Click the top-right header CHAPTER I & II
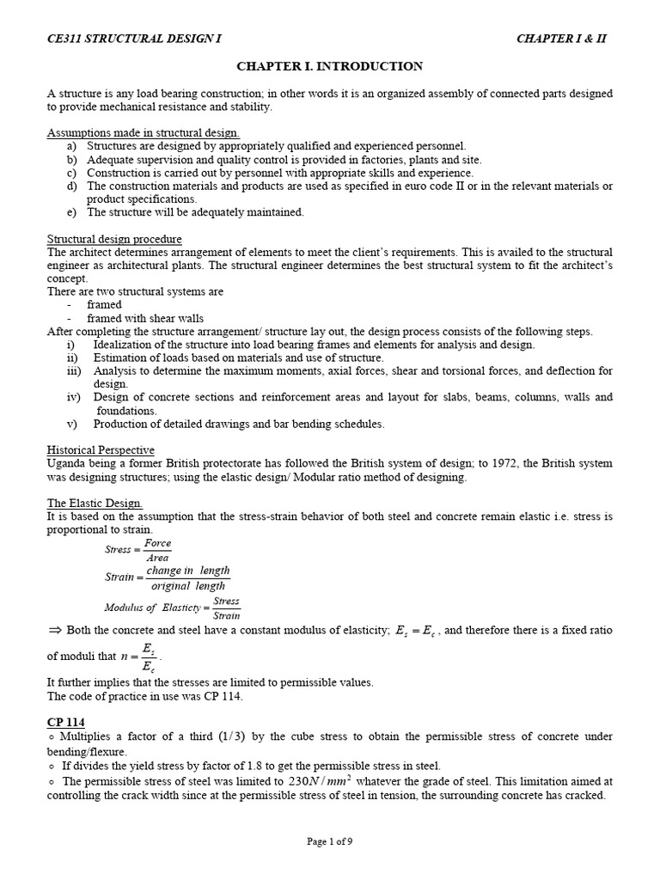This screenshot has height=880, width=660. (566, 40)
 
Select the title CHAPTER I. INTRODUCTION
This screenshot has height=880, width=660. (329, 66)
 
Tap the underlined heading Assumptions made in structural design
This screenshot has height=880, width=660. (144, 133)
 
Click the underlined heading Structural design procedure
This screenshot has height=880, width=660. (114, 239)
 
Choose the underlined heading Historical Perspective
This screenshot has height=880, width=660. (101, 450)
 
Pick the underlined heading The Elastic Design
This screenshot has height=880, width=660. (95, 503)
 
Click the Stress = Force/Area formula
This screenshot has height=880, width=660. (137, 550)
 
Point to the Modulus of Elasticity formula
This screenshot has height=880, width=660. (173, 608)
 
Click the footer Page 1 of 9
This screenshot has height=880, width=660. (330, 842)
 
